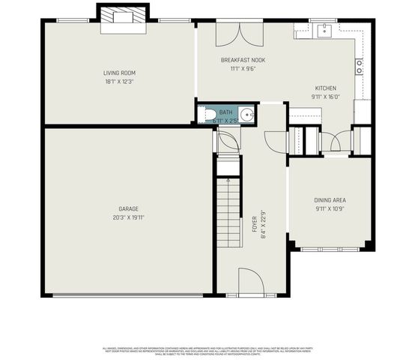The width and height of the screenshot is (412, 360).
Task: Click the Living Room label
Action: (119, 73)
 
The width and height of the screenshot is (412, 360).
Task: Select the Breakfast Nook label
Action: (243, 60)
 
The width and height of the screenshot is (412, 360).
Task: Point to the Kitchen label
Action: (326, 88)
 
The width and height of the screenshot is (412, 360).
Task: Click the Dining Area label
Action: (330, 199)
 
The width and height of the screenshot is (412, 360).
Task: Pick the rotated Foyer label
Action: (255, 223)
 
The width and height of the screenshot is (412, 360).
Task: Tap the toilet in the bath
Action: (209, 114)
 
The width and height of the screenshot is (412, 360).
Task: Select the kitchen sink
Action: (326, 31)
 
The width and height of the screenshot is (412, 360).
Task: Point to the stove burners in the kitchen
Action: (360, 66)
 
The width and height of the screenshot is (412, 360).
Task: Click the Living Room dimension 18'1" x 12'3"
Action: (119, 81)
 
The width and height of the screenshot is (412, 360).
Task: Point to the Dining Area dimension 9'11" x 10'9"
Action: (330, 208)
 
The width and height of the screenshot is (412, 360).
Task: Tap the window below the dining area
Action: (332, 248)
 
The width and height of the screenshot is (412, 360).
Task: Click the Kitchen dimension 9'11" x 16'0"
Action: (326, 96)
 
